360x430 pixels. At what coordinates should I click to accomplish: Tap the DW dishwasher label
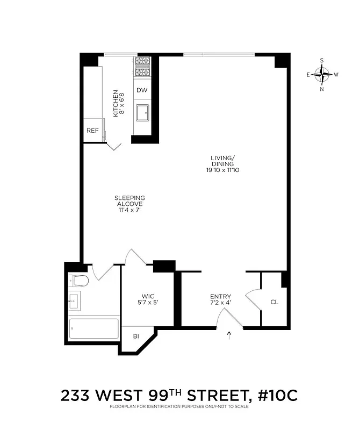point(141,90)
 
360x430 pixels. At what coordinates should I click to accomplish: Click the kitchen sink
point(142,114)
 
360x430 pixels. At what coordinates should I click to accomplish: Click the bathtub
point(93,328)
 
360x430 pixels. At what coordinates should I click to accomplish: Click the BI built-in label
point(136,336)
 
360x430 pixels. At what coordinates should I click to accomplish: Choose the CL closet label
point(274,302)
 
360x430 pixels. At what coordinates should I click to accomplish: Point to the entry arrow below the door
point(229,336)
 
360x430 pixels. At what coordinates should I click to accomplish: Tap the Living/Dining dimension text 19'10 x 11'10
point(222,170)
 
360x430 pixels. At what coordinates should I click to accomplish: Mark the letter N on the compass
point(322,89)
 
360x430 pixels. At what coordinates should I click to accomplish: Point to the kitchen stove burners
point(142,67)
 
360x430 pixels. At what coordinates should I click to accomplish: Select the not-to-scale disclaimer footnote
point(179,407)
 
